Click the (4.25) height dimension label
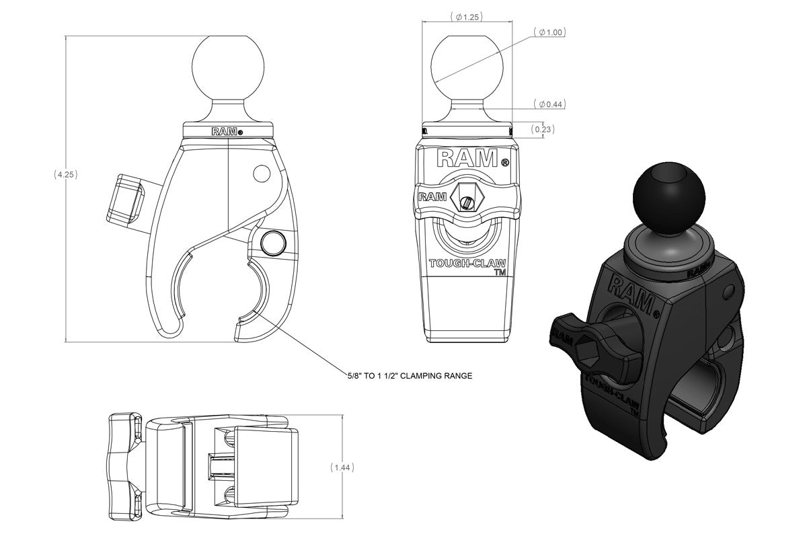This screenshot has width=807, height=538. [x=66, y=175]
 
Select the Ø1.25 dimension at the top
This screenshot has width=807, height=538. [x=467, y=17]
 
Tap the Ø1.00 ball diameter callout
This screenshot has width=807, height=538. [x=549, y=32]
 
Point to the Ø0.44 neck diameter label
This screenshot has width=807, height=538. [x=549, y=104]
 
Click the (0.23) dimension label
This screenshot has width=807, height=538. [x=543, y=129]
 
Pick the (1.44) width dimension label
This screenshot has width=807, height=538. [x=342, y=467]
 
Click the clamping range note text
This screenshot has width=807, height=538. [x=410, y=376]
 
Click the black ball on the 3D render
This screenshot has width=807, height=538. [x=669, y=198]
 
